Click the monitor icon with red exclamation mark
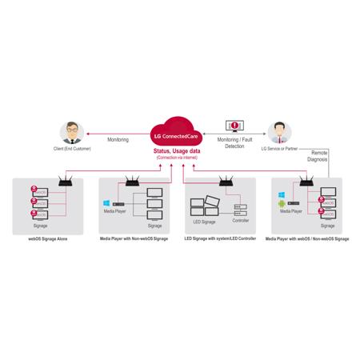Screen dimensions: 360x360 [x=234, y=127]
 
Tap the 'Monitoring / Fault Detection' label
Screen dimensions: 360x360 [x=234, y=143]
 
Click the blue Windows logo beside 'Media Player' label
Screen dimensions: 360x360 [x=106, y=202]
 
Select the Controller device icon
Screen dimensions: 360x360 [x=238, y=209]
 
